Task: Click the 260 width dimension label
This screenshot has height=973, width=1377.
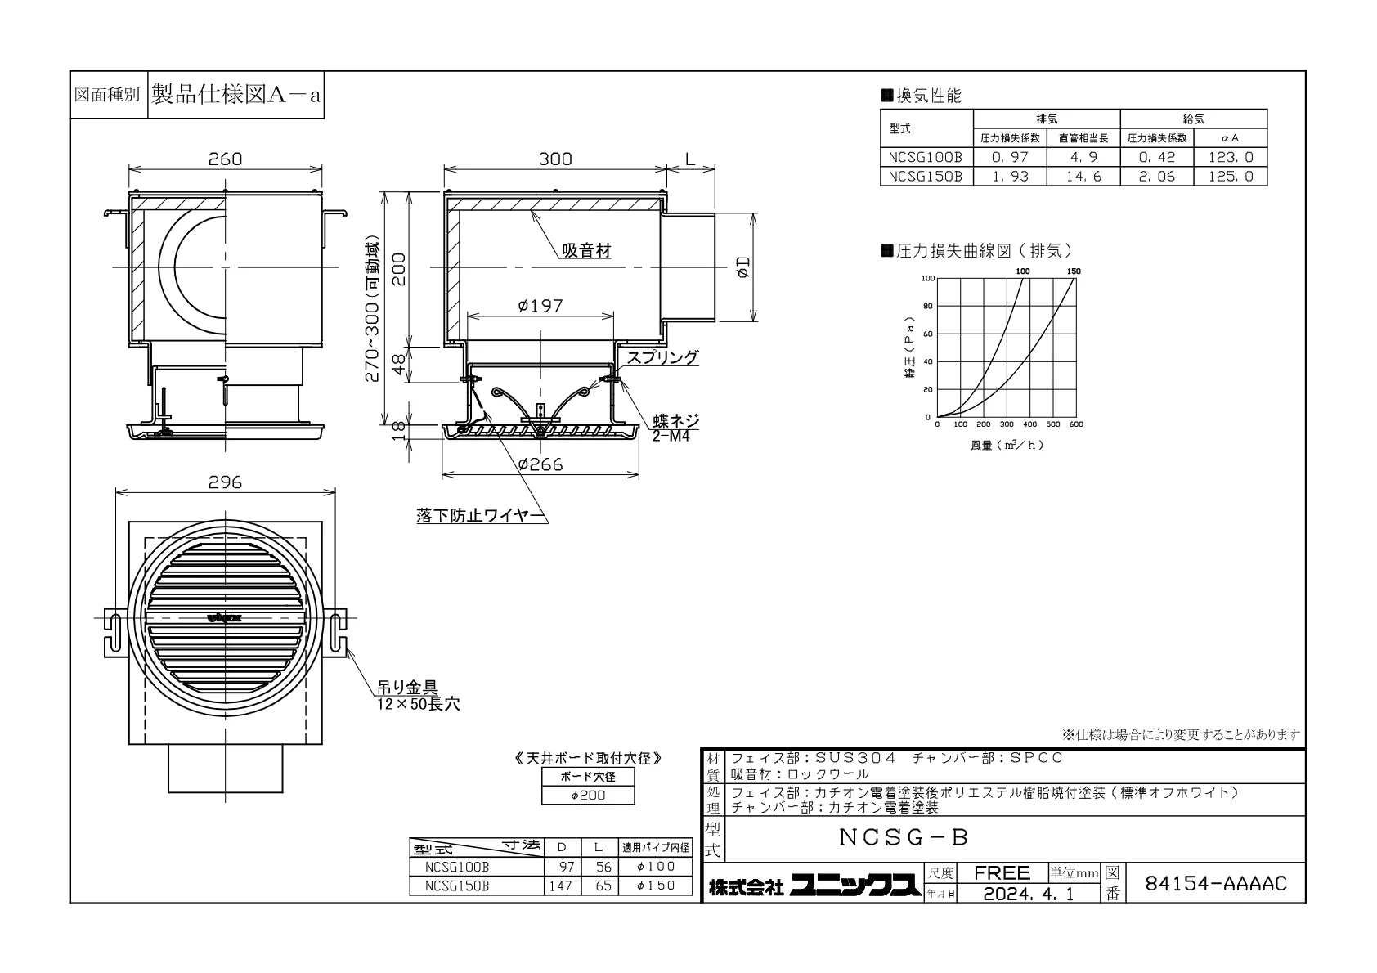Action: [225, 159]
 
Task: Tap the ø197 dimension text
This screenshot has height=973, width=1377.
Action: [540, 306]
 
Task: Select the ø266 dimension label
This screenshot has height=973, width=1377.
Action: [540, 464]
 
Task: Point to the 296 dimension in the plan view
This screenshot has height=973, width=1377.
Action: [225, 482]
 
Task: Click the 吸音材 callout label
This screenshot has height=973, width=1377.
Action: [586, 251]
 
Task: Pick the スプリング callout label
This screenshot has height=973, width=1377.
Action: [662, 357]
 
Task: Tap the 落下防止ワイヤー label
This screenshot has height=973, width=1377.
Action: [482, 516]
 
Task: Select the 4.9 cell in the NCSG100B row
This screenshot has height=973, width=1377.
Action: [1083, 157]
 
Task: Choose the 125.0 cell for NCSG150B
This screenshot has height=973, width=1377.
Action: [1231, 177]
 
